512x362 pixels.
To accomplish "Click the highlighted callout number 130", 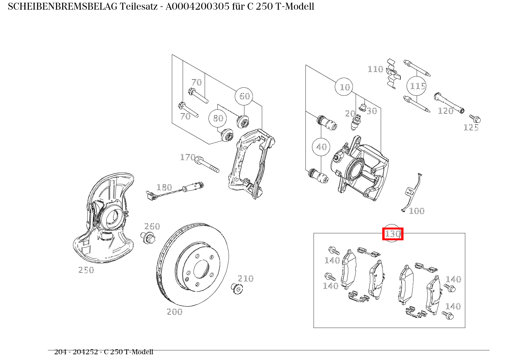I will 393,234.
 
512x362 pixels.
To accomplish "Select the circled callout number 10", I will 344,87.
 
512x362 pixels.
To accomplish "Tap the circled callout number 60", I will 244,96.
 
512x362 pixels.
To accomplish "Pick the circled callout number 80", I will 218,118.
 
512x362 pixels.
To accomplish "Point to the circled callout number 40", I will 321,147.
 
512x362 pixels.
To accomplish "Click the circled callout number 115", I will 417,86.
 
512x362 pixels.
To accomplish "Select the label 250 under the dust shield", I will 86,270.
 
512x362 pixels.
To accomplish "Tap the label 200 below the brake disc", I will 175,312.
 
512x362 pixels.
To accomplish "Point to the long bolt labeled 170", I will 207,165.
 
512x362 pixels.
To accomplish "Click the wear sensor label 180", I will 164,188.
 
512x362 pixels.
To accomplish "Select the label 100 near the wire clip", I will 417,211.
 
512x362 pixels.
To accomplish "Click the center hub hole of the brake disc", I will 201,269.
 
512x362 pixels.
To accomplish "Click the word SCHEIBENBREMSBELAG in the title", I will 63,7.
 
